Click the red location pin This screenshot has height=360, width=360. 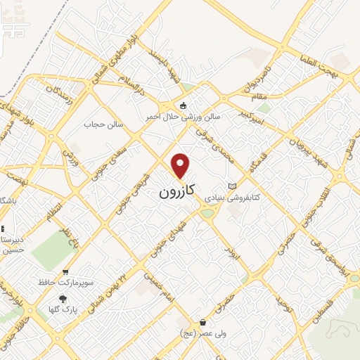[x=181, y=166]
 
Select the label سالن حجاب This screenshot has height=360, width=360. [x=104, y=124]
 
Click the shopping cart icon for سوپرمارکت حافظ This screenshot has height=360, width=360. [x=65, y=272]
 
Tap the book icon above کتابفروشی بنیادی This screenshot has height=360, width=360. [x=233, y=186]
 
